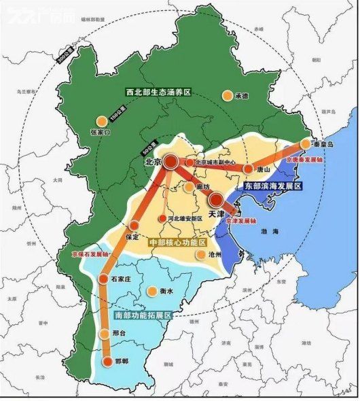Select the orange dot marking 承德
[x=228, y=96]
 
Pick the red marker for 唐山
[x=249, y=169]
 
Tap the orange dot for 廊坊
[x=188, y=186]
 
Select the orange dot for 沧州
[x=200, y=255]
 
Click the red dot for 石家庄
[x=105, y=279]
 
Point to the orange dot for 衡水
[x=150, y=292]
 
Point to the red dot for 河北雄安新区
[x=162, y=218]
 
